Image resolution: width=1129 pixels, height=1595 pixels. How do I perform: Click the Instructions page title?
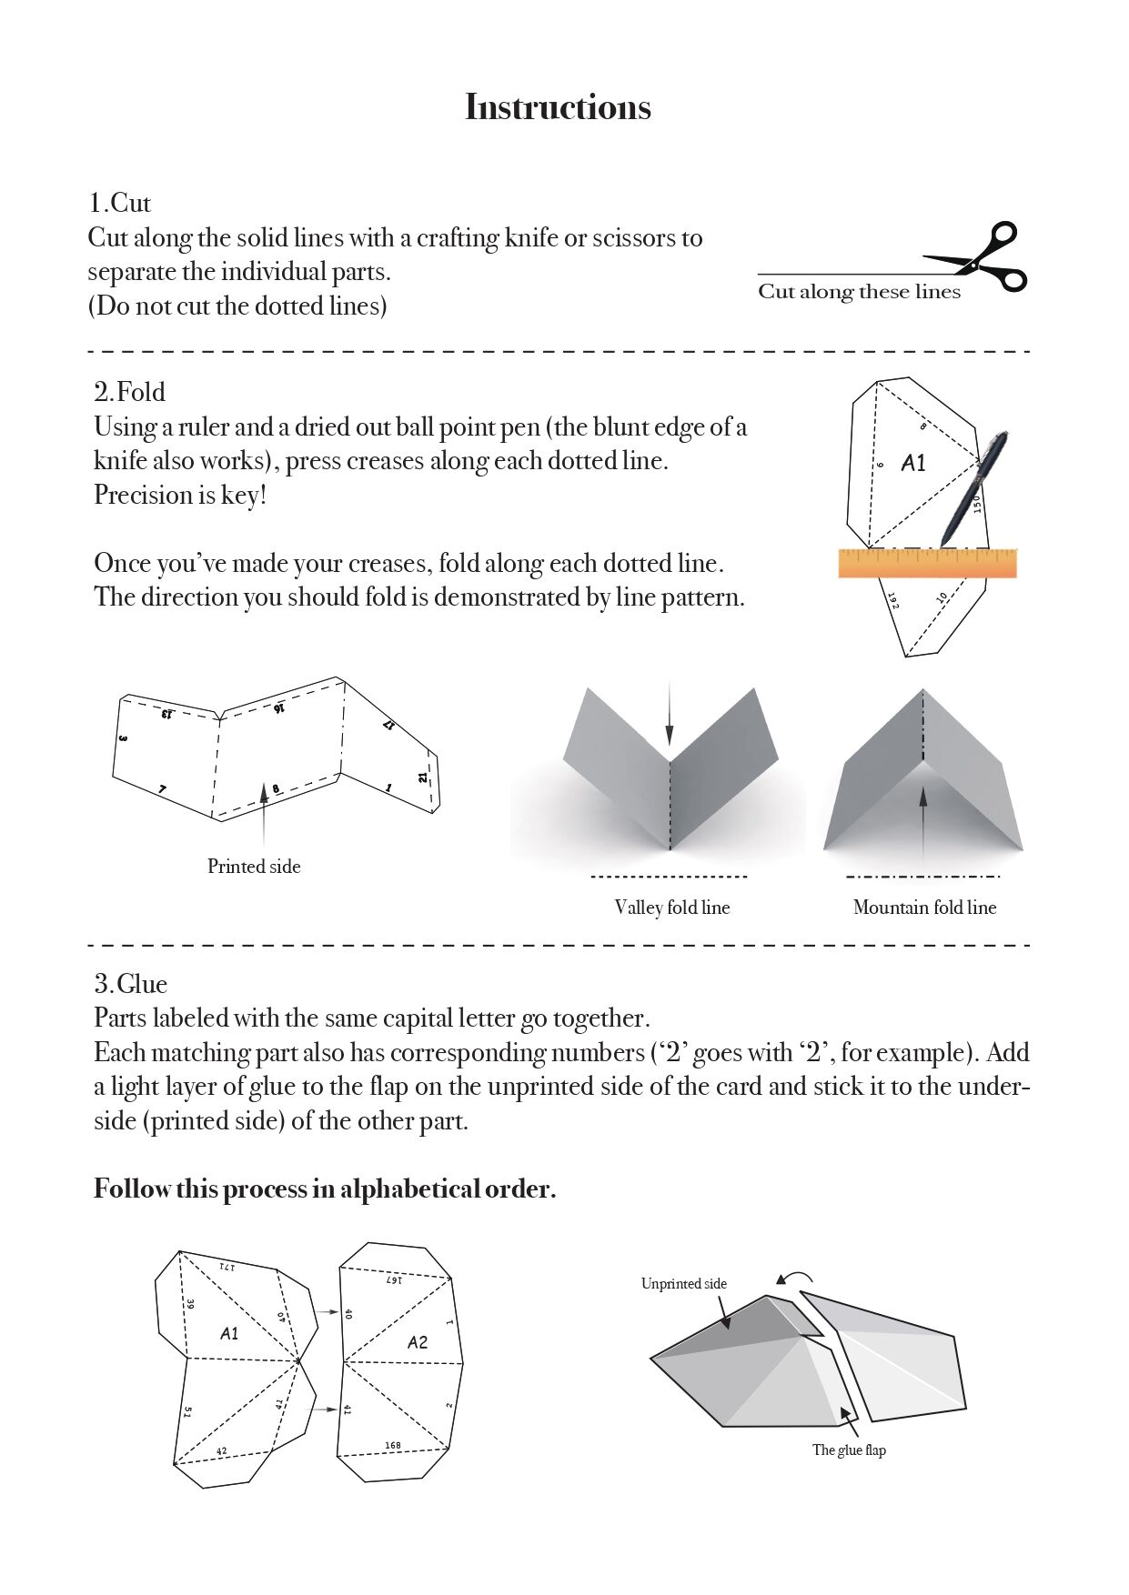click(x=558, y=107)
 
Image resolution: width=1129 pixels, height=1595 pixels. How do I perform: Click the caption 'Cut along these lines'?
click(x=859, y=292)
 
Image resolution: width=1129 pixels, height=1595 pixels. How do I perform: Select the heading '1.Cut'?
click(x=119, y=203)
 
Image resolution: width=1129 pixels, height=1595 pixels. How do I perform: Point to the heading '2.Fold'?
click(x=129, y=392)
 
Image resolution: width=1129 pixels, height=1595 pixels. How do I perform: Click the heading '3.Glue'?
click(x=130, y=984)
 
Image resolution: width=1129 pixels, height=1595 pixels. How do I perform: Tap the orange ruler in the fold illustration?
click(x=926, y=564)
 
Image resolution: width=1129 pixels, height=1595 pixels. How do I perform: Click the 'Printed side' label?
click(x=254, y=867)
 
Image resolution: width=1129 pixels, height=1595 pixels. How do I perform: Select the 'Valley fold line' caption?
click(x=671, y=908)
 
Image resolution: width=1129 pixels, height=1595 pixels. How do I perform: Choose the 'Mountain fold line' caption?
click(x=924, y=908)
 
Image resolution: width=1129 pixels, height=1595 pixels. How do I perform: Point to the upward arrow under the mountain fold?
click(x=923, y=823)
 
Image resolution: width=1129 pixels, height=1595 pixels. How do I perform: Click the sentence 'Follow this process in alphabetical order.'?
click(x=325, y=1189)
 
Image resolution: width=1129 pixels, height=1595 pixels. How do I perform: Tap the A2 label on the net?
click(x=418, y=1342)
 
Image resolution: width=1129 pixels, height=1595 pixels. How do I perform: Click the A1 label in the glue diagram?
click(x=229, y=1333)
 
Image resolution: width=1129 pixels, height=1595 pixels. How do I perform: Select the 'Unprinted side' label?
click(x=683, y=1284)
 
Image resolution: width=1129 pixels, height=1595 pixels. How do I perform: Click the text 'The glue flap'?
click(x=849, y=1450)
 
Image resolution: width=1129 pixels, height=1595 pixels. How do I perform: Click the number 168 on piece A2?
click(x=392, y=1445)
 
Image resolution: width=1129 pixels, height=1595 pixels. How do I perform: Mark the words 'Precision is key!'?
click(x=180, y=496)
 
